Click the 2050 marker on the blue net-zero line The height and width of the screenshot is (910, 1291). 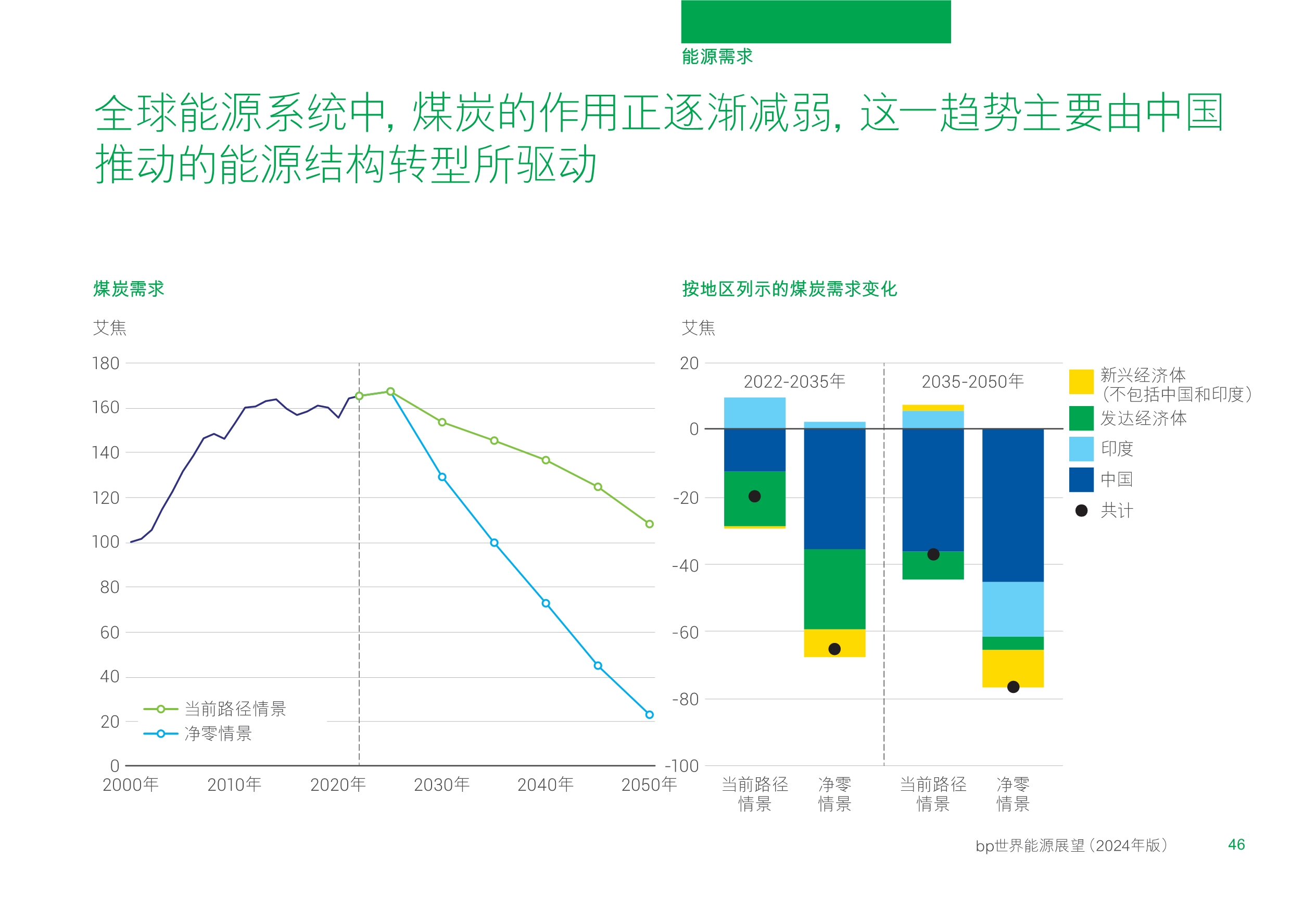pos(650,715)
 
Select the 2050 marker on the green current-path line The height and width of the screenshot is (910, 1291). pos(650,524)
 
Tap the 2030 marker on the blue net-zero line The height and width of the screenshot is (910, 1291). pos(442,477)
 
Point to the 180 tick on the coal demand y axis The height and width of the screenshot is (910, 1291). pos(106,363)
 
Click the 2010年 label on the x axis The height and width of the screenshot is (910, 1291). pos(234,785)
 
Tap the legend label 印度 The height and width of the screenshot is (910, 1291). pos(1117,449)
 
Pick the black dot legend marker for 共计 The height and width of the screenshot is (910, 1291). pos(1081,511)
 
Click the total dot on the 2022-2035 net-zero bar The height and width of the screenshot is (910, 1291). pos(834,649)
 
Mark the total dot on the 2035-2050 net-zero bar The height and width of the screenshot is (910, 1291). pos(1013,687)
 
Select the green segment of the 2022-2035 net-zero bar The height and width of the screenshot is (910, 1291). pos(834,589)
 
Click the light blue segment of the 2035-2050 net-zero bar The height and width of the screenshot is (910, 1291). pos(1012,609)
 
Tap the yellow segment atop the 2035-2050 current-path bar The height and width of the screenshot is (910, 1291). pos(933,408)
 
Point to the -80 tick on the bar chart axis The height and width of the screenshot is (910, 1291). pos(686,699)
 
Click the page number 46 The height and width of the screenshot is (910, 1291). pos(1236,845)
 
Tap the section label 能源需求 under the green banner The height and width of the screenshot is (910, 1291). pos(717,57)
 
